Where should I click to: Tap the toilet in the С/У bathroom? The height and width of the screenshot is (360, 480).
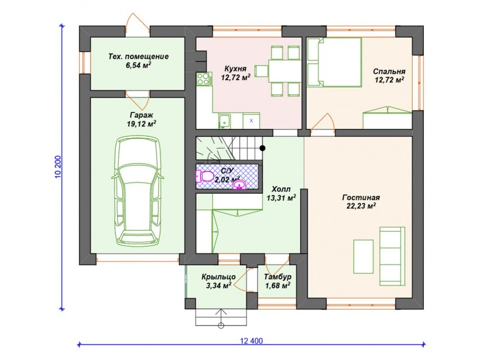pyautogui.click(x=204, y=176)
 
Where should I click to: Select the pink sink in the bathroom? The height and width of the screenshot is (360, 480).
pyautogui.click(x=239, y=184)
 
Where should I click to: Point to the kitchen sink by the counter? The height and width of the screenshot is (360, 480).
pyautogui.click(x=225, y=121)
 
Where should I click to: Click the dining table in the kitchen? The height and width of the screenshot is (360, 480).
pyautogui.click(x=284, y=71)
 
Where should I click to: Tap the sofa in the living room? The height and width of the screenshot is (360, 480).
pyautogui.click(x=392, y=251)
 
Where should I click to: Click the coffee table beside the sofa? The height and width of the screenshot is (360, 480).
pyautogui.click(x=364, y=256)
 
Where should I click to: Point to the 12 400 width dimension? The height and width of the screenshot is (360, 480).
pyautogui.click(x=252, y=341)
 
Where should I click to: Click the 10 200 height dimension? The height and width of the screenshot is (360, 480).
pyautogui.click(x=58, y=167)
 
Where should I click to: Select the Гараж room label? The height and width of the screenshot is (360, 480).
pyautogui.click(x=142, y=115)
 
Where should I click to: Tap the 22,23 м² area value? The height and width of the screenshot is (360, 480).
pyautogui.click(x=361, y=206)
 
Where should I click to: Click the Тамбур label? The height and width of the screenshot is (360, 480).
pyautogui.click(x=277, y=277)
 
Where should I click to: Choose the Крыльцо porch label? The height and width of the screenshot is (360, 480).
pyautogui.click(x=218, y=277)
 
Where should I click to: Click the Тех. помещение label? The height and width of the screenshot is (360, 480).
pyautogui.click(x=138, y=57)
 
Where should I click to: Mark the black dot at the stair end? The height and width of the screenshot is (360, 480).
pyautogui.click(x=262, y=148)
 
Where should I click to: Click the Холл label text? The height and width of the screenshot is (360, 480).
pyautogui.click(x=281, y=189)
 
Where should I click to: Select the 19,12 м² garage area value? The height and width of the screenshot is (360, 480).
pyautogui.click(x=142, y=124)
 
